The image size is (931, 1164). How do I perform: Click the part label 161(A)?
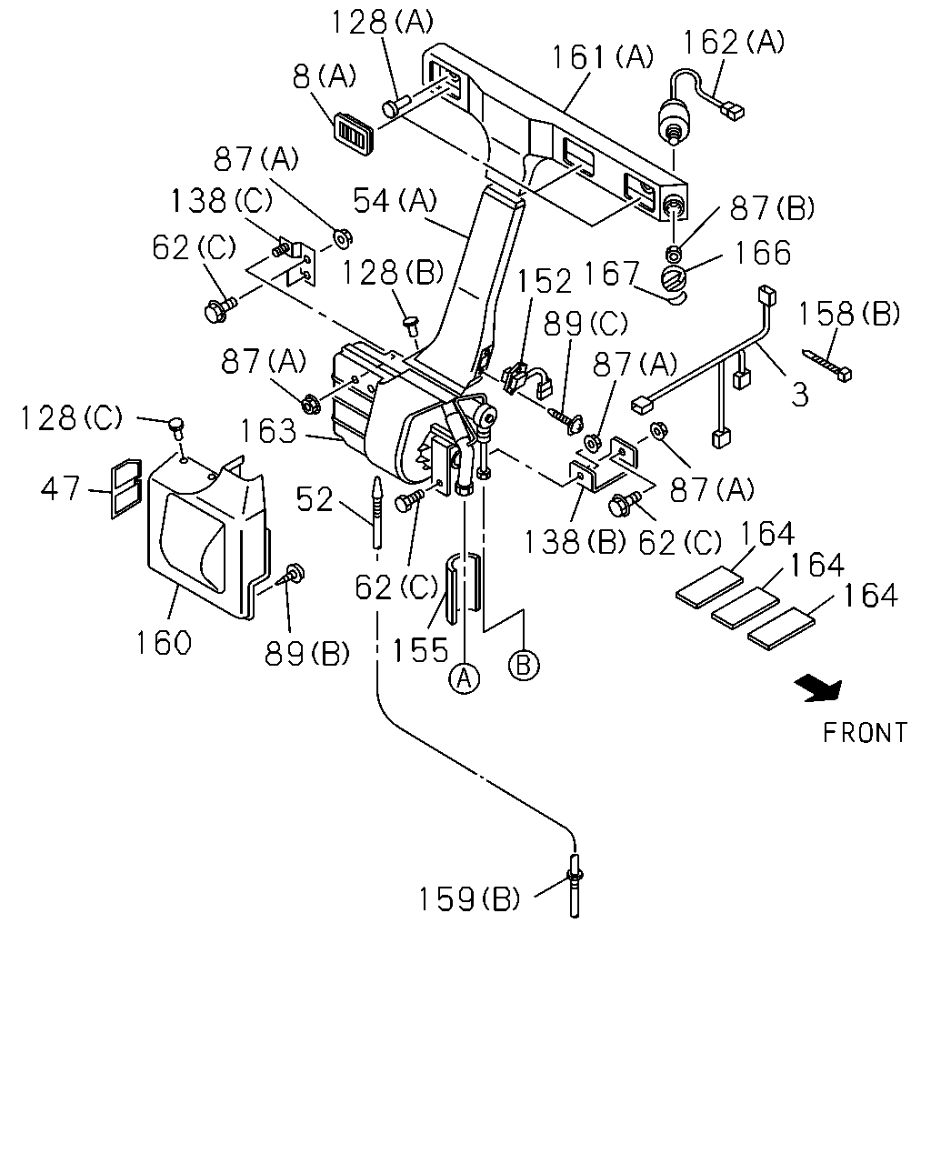click(602, 58)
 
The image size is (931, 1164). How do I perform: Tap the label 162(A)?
click(733, 42)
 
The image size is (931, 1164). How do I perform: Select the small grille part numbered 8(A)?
click(354, 132)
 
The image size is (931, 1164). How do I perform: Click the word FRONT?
click(864, 733)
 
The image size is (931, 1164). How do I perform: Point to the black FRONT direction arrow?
click(819, 689)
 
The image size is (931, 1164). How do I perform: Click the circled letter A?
click(465, 677)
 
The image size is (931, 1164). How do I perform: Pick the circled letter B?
click(524, 664)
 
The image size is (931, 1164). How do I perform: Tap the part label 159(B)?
click(468, 899)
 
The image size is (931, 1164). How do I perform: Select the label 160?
click(164, 643)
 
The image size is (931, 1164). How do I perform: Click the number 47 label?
click(60, 489)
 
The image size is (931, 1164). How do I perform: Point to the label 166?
click(762, 253)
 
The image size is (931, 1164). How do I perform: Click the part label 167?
click(611, 274)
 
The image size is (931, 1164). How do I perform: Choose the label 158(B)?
click(848, 315)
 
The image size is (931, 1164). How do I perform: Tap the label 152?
click(545, 282)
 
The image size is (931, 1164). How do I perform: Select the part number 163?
click(268, 431)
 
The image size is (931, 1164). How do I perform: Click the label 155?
click(420, 650)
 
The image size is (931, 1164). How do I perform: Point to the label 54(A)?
click(395, 201)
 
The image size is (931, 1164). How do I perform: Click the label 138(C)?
click(221, 201)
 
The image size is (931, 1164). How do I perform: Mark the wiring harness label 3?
click(800, 395)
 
